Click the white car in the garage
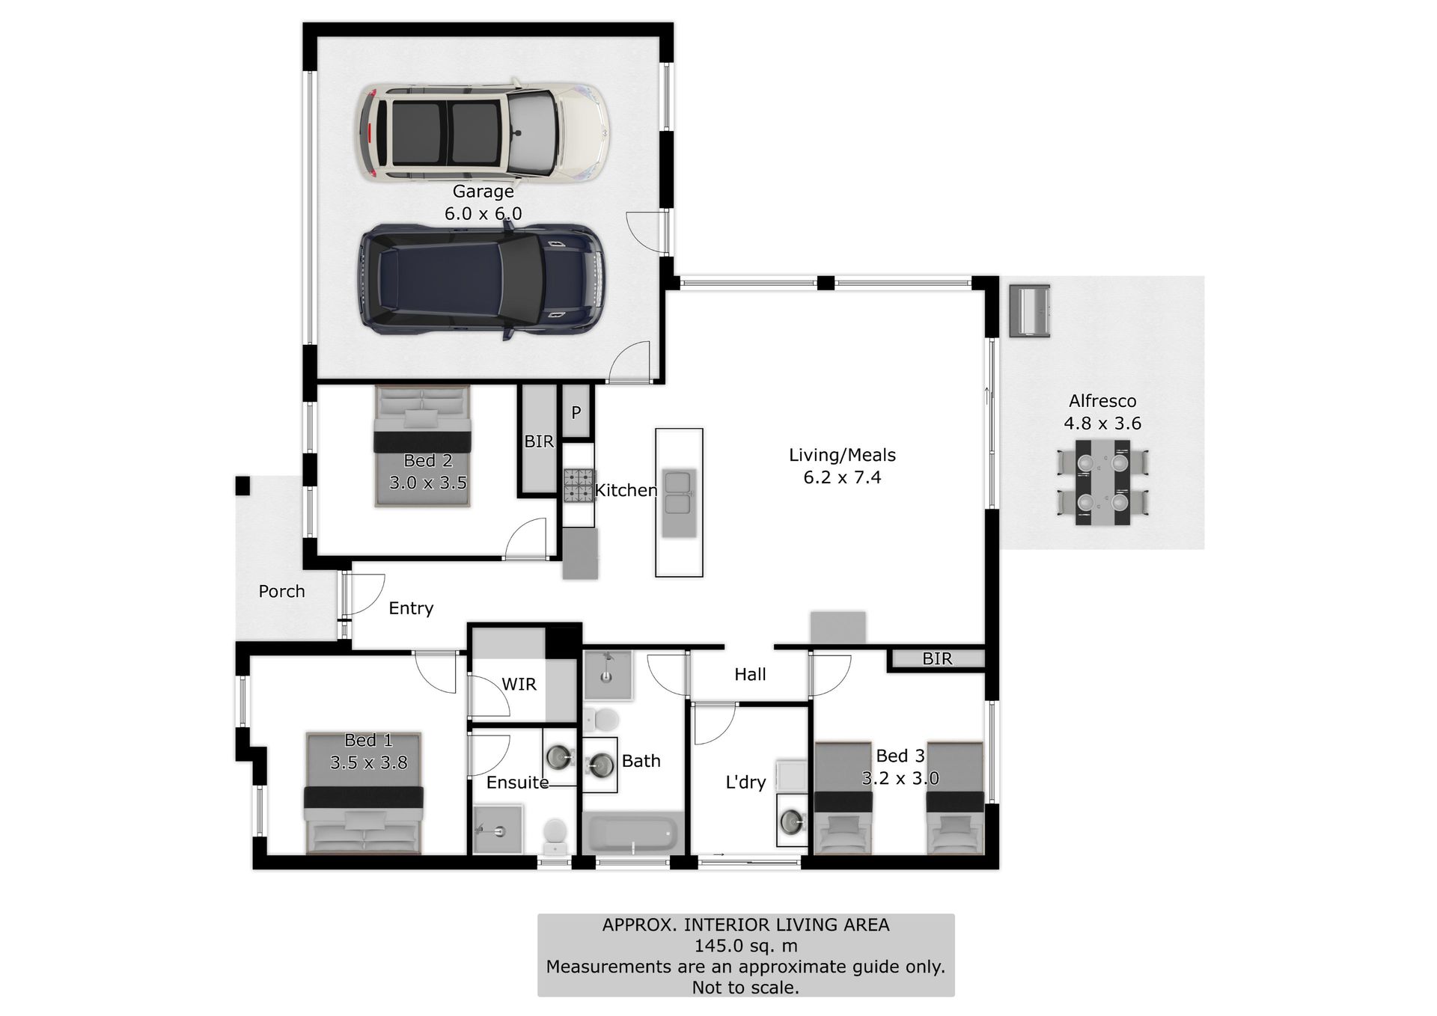point(483,132)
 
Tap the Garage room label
point(483,192)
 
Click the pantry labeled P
point(576,411)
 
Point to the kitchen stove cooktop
point(579,485)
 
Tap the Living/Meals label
point(842,455)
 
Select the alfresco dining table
point(1102,483)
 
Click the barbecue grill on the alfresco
point(1029,310)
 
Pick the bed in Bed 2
point(423,447)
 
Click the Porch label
point(281,592)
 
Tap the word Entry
point(411,608)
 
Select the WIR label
point(519,684)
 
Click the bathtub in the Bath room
point(633,833)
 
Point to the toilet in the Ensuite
point(555,836)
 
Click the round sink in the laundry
point(792,821)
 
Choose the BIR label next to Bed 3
point(937,658)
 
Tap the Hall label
point(750,674)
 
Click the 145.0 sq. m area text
point(745,946)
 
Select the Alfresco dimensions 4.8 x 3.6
point(1102,423)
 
